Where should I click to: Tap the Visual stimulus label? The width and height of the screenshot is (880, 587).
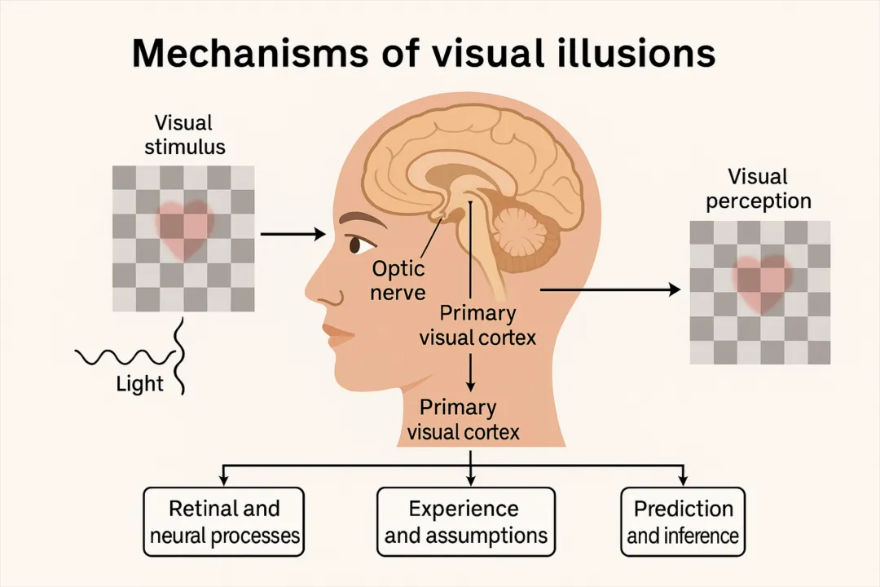coord(184,135)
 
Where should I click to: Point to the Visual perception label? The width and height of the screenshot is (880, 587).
coord(758,189)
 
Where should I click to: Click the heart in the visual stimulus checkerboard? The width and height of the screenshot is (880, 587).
coord(184,227)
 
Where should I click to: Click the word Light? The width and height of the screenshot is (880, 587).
coord(140,384)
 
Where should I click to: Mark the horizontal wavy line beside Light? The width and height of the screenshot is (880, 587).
coord(122,356)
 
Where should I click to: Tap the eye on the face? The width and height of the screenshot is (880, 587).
coord(356,244)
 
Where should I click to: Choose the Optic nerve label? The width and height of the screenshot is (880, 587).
coord(398,280)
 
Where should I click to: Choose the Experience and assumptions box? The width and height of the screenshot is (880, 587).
coord(465,522)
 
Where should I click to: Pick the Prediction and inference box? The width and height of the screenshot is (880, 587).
coord(683,522)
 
